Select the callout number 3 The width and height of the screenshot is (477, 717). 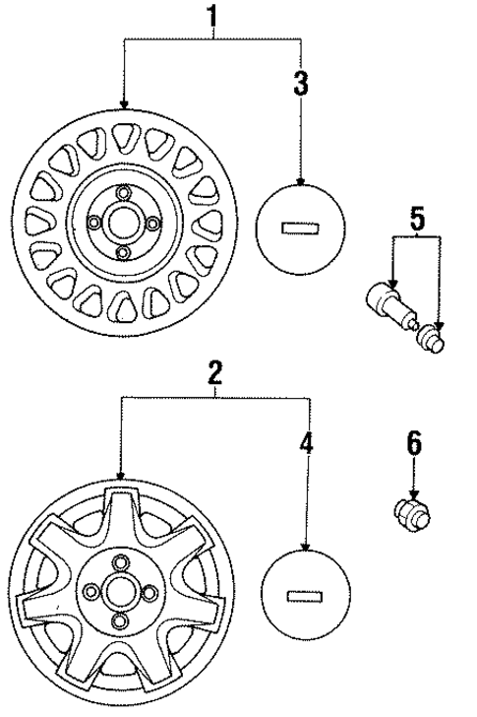(x=301, y=84)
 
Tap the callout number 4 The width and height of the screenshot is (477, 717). (x=307, y=443)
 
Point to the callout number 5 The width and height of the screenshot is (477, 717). (x=417, y=220)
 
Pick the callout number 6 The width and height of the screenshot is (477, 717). (x=414, y=442)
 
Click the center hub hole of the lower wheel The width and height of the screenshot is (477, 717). (x=120, y=591)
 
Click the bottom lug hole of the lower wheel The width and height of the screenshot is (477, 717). (x=120, y=622)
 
